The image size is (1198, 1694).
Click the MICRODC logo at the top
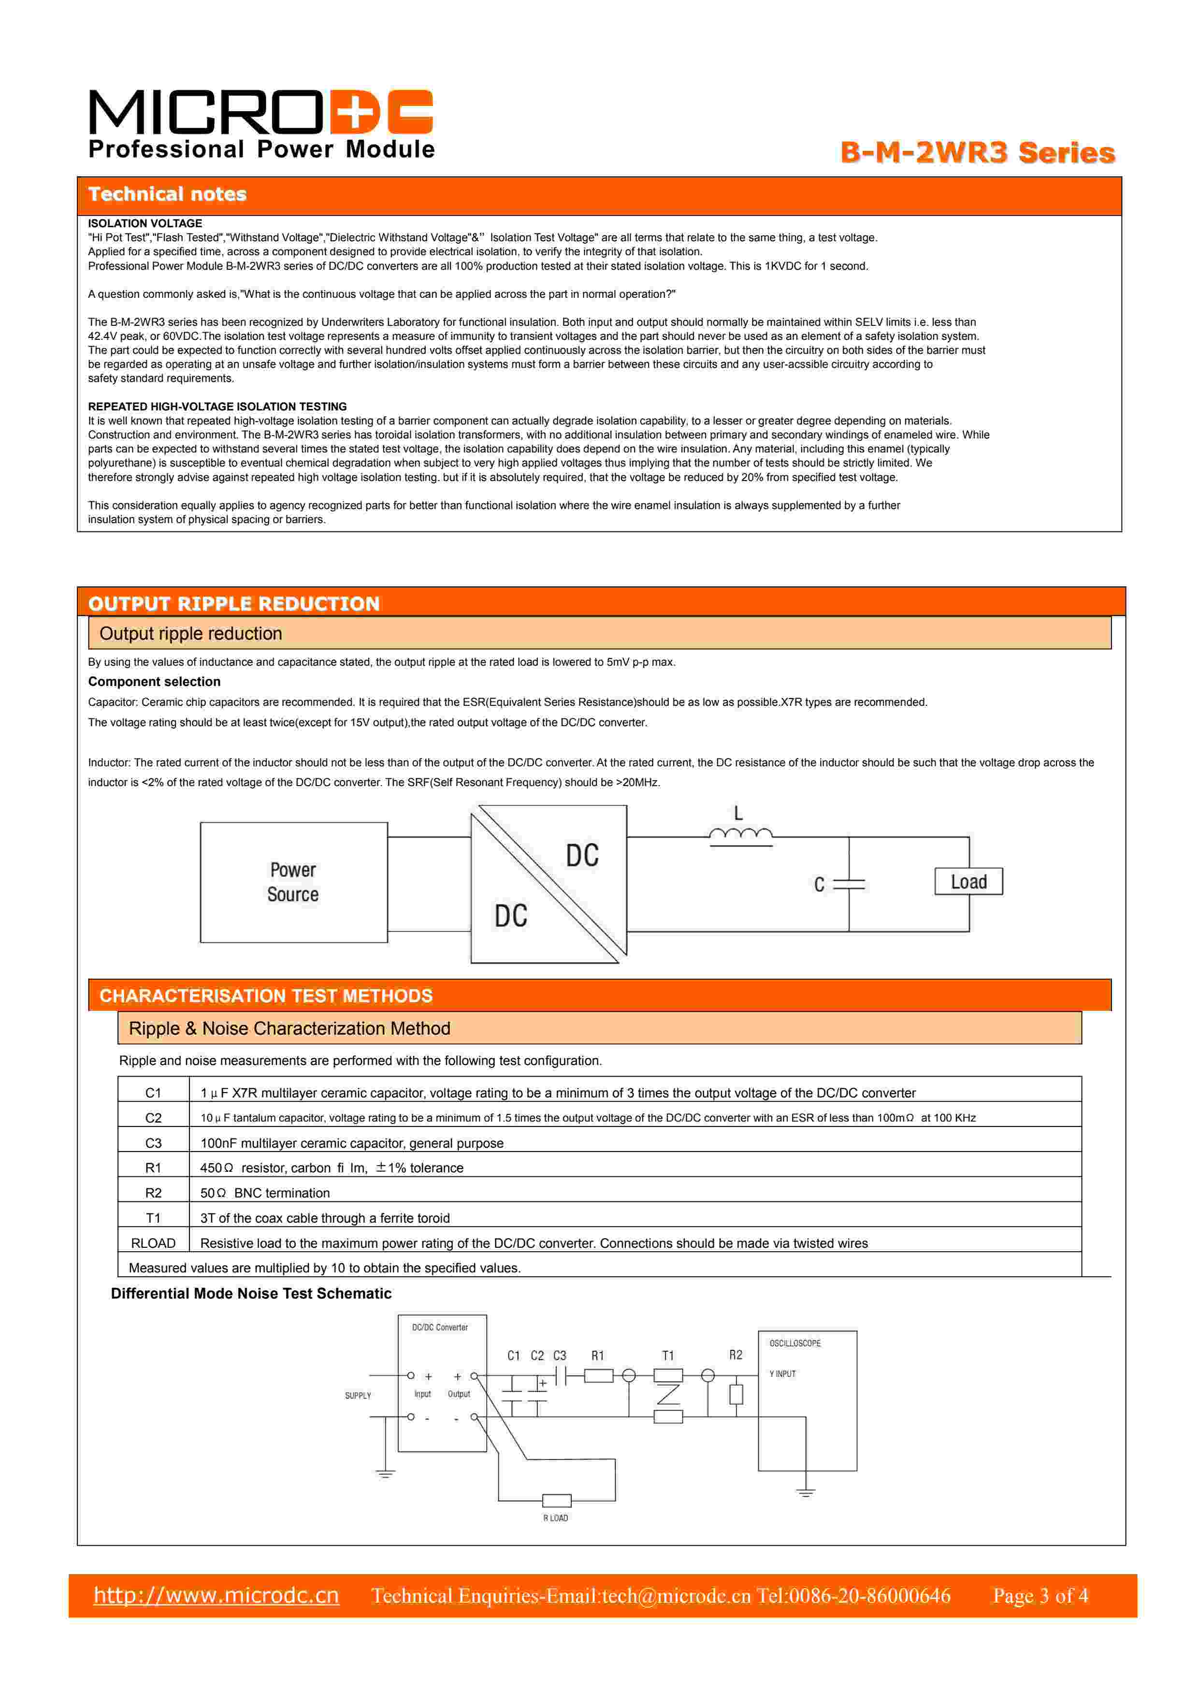260,112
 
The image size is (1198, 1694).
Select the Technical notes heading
168,194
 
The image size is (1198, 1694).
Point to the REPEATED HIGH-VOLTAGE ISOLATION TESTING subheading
217,407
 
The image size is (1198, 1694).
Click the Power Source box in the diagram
294,882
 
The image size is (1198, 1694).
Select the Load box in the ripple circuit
968,882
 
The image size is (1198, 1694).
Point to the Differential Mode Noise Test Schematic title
251,1293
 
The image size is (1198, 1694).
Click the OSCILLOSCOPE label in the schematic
794,1344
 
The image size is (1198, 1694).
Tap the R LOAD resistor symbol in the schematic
556,1501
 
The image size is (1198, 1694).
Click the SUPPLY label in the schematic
358,1396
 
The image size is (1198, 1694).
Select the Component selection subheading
154,682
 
